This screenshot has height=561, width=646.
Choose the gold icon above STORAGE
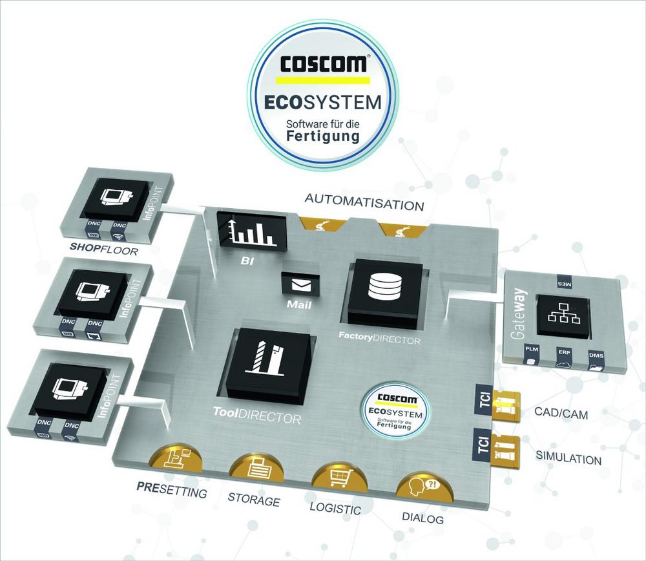(257, 465)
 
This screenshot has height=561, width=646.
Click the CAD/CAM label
(561, 413)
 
